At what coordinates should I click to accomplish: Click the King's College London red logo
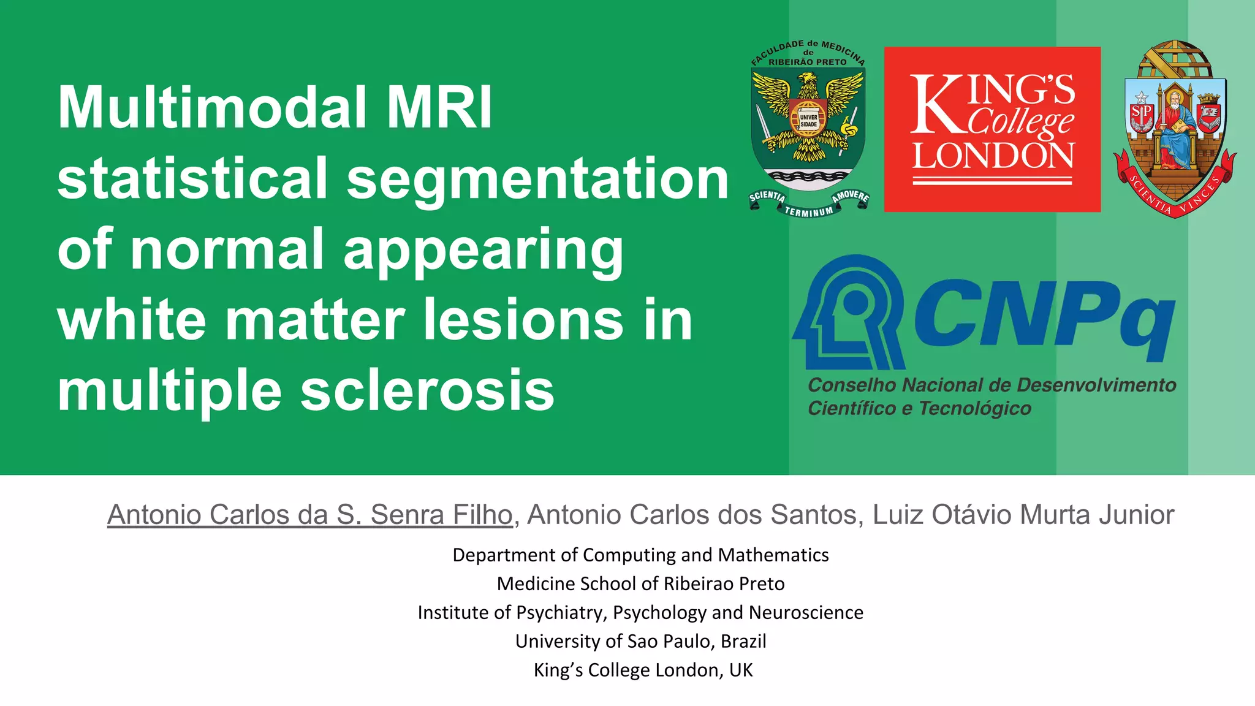(x=992, y=129)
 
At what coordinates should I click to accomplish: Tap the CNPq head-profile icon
(x=849, y=313)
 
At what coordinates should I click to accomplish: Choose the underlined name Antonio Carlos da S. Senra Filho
(x=309, y=515)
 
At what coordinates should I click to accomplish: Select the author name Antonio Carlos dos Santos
(x=692, y=515)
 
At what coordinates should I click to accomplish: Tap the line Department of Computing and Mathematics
(x=640, y=555)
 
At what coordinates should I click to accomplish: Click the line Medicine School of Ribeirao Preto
(x=640, y=583)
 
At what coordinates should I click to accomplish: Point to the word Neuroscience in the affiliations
(x=806, y=612)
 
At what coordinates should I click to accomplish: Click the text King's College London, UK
(x=643, y=670)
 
